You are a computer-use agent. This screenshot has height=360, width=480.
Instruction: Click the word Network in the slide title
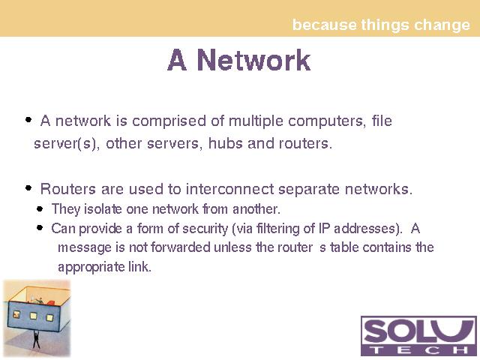click(x=253, y=60)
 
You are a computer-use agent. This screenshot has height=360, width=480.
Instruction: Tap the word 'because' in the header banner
click(x=324, y=25)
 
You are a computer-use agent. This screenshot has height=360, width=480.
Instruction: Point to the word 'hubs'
click(x=226, y=143)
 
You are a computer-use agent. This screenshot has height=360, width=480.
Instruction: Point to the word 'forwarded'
click(x=181, y=247)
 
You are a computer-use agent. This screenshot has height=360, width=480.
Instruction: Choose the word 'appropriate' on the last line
click(x=91, y=267)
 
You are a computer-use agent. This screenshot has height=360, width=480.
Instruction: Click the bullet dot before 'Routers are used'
click(x=28, y=188)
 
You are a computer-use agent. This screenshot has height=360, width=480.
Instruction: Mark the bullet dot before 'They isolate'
click(x=40, y=209)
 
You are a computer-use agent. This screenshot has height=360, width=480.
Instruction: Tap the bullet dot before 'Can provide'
click(x=40, y=228)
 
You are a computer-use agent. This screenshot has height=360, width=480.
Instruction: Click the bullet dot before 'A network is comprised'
click(x=28, y=120)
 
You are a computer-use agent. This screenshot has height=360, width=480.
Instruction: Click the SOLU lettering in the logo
click(x=418, y=331)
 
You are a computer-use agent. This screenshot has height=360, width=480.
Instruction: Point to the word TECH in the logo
click(x=418, y=350)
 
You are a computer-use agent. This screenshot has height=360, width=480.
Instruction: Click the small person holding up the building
click(x=36, y=339)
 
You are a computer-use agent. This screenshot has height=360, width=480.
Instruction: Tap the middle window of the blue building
click(x=33, y=316)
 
